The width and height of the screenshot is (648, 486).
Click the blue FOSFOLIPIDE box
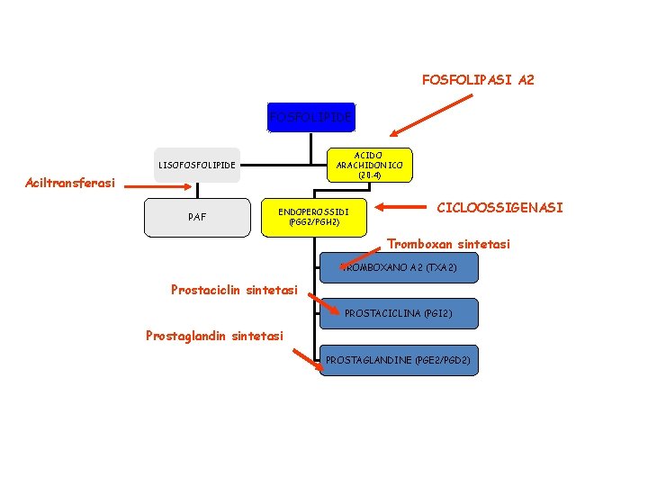coord(310,116)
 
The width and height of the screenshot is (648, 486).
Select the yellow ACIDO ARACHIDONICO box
coord(369,165)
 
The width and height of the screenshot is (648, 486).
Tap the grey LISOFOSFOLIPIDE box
coord(197,165)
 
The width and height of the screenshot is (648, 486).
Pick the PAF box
coord(197,217)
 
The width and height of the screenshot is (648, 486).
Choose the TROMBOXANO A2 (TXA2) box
coord(399,267)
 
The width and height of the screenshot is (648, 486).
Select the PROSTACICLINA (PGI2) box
coord(399,313)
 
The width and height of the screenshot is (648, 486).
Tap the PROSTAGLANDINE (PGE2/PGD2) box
coord(399,360)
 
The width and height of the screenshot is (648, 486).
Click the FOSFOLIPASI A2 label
coord(478,80)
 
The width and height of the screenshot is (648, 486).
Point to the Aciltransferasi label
coord(70,184)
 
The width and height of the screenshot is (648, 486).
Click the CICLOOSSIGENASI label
coord(500,208)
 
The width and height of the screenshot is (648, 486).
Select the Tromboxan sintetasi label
coord(448,244)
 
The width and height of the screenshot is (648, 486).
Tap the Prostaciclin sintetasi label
coord(234,290)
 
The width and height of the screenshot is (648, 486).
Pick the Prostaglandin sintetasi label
coord(214,336)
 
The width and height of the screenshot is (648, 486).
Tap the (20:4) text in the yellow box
coord(369,175)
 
